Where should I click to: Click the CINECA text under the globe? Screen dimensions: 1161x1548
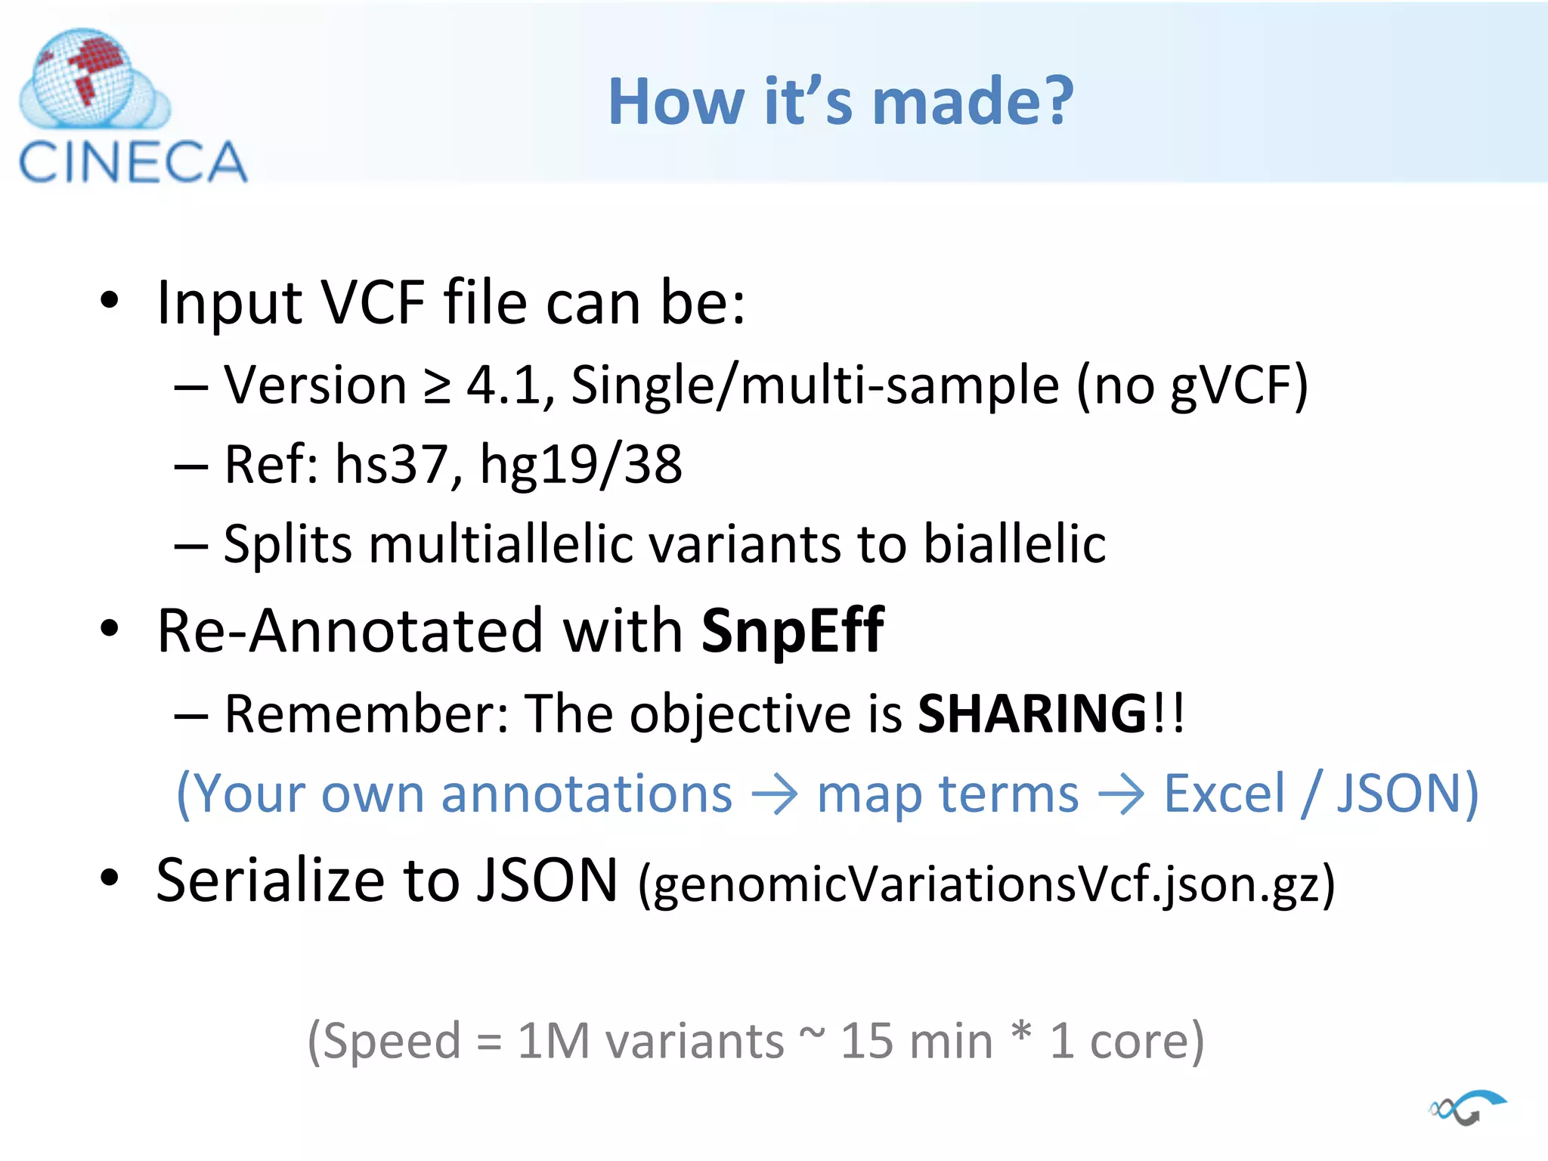[133, 163]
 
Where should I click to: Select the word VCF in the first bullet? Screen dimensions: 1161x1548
[373, 302]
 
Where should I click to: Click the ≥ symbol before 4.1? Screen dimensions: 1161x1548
[437, 386]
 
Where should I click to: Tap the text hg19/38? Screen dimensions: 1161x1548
[581, 465]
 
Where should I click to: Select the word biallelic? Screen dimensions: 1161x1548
[1014, 544]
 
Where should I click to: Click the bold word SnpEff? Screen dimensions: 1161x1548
[792, 630]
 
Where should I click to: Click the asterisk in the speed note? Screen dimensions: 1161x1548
[1021, 1032]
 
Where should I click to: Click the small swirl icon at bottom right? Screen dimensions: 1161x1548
[1467, 1108]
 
